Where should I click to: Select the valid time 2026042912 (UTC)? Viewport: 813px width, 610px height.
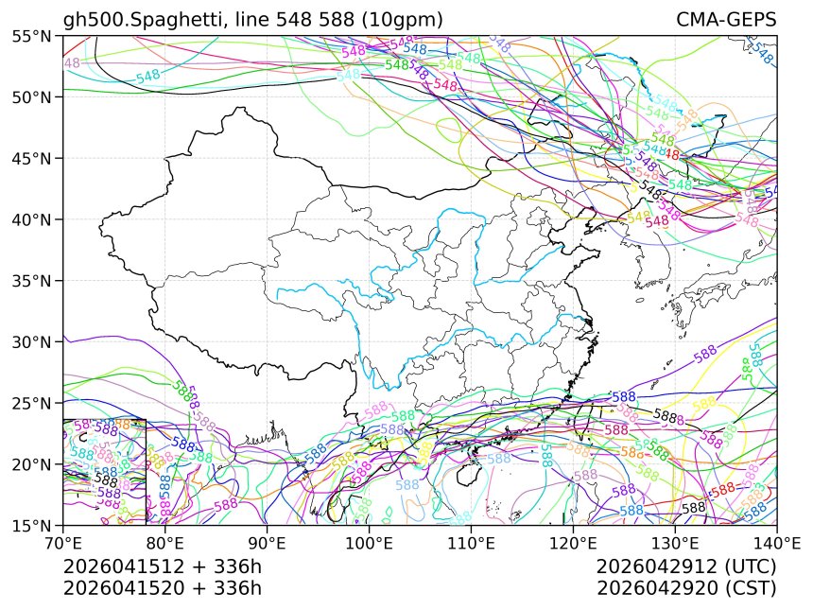(686, 567)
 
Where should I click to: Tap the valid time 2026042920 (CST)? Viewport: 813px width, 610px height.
(686, 588)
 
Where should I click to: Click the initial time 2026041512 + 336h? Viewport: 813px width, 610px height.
(162, 567)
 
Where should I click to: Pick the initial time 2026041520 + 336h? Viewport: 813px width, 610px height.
(162, 588)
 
